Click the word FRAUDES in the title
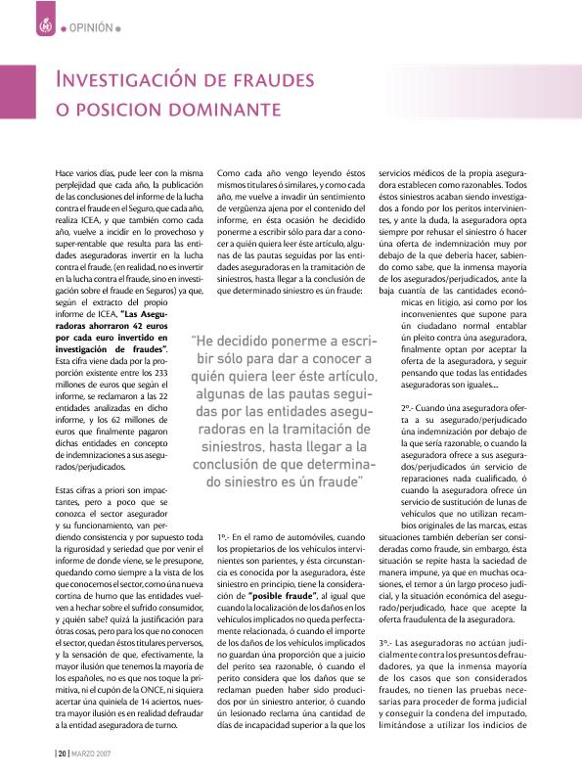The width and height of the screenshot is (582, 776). click(x=288, y=78)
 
